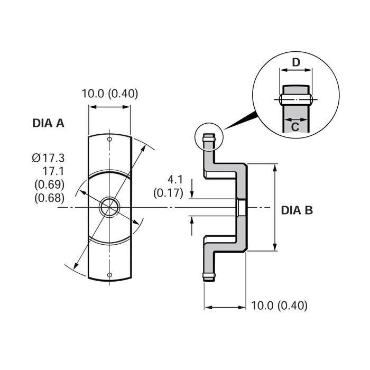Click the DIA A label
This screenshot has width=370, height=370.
(49, 123)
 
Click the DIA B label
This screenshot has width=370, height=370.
(297, 210)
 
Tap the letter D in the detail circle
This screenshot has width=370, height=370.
(296, 62)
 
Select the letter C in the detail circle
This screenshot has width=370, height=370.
(295, 127)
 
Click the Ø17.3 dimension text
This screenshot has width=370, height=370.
(48, 158)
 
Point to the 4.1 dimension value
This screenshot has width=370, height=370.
(175, 180)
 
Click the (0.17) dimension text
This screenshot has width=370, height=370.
(168, 193)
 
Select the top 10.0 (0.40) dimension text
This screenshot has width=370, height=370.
(110, 94)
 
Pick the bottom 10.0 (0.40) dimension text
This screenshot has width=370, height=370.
(279, 306)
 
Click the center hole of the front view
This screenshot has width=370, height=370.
(109, 207)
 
